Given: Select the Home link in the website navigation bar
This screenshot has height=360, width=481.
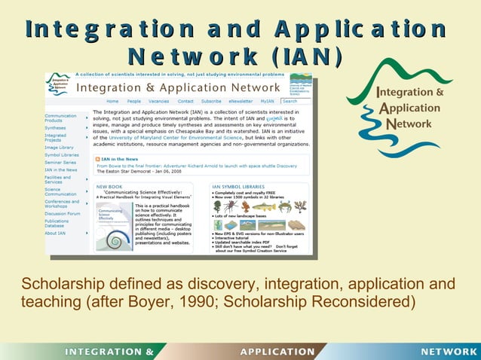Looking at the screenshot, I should pos(112,101).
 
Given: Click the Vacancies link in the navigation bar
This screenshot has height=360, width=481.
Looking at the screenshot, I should pos(158,101).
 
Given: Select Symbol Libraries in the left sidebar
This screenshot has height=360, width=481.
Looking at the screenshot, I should pos(61,155).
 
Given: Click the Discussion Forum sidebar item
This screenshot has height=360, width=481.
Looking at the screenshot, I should pos(62,213).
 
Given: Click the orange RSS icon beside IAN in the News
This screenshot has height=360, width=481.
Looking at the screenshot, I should pos(97,159).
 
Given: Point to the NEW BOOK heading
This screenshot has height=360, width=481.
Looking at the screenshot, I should pos(109,185).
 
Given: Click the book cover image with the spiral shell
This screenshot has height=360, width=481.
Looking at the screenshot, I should pos(113,226).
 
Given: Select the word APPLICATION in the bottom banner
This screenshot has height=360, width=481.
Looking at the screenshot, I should pos(277,352).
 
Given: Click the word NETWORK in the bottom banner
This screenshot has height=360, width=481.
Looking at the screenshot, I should pos(448,352).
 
